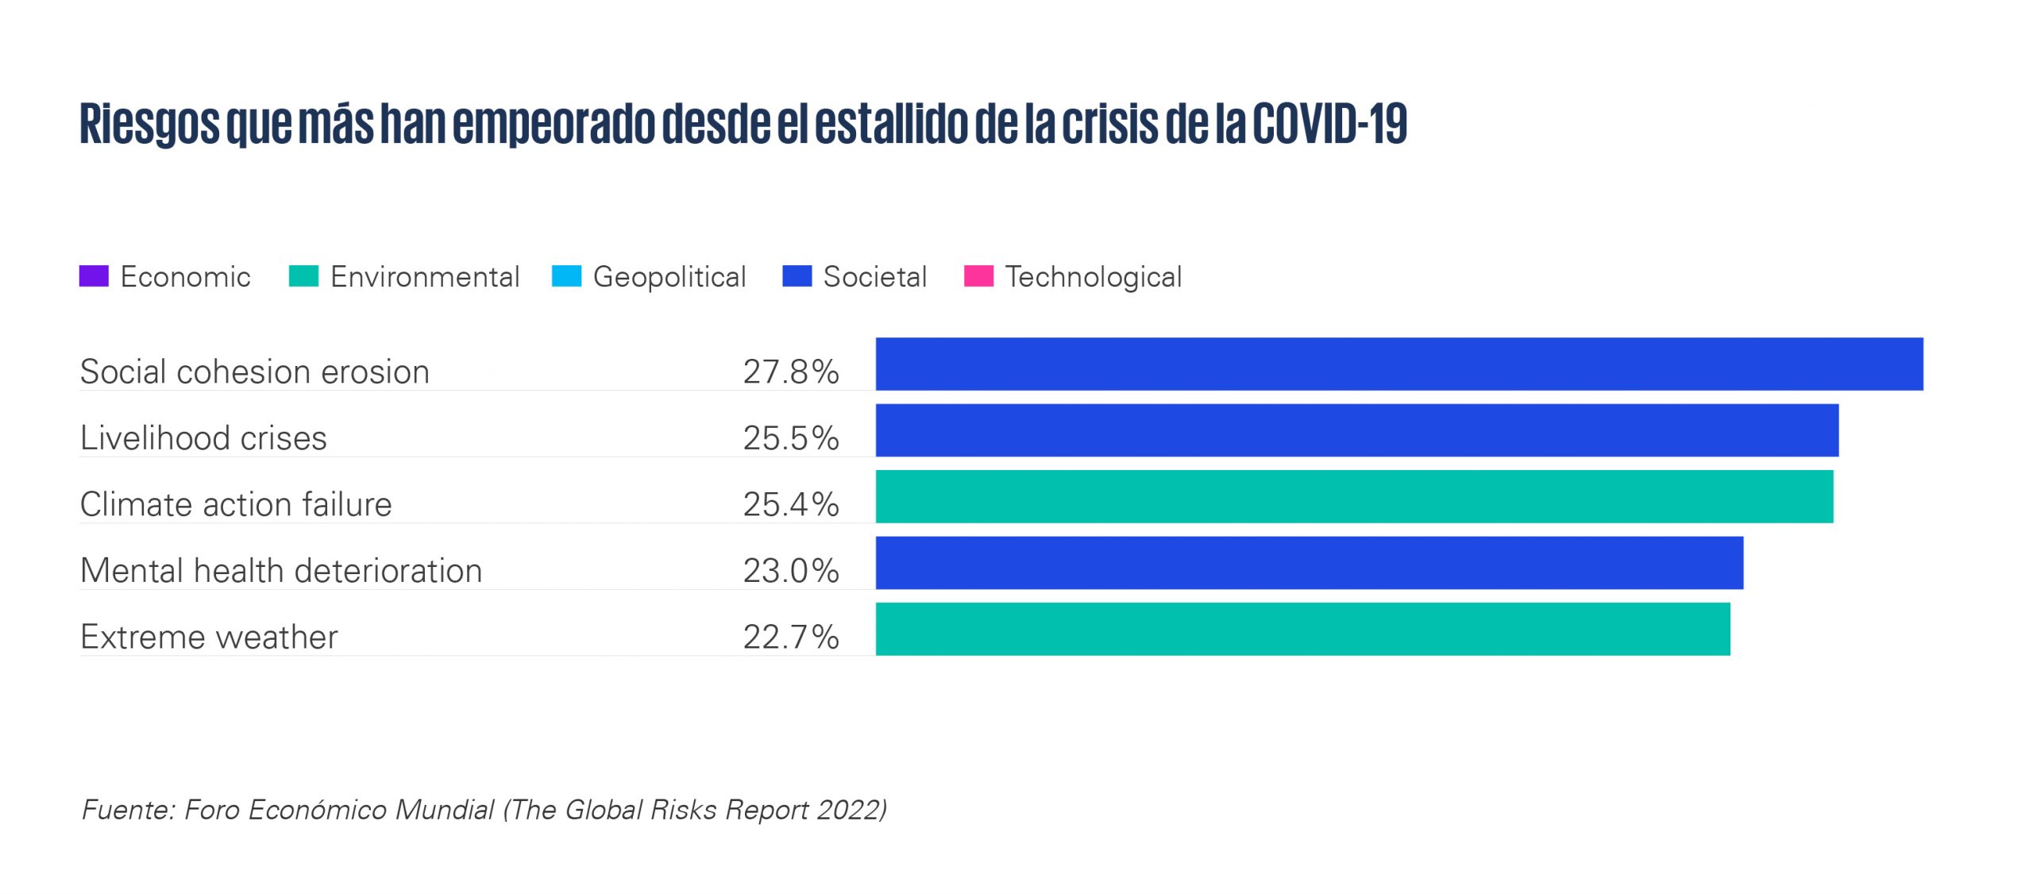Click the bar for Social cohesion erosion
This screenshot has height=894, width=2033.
[x=1399, y=364]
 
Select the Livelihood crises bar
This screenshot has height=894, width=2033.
[x=1357, y=430]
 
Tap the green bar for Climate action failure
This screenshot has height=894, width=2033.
[x=1355, y=496]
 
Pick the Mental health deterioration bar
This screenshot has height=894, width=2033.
[x=1310, y=563]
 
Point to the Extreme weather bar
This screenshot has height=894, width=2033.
[x=1303, y=629]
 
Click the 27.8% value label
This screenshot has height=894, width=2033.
[x=791, y=372]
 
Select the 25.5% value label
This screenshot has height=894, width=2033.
[x=791, y=438]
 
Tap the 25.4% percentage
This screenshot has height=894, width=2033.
[x=791, y=504]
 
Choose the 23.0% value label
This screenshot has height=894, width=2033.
[x=791, y=571]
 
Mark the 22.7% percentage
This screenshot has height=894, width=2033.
[x=791, y=637]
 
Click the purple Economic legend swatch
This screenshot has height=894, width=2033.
[x=94, y=276]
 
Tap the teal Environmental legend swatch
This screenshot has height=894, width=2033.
[x=303, y=276]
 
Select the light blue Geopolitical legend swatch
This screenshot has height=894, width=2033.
[x=566, y=276]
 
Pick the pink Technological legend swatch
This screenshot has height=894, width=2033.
[x=978, y=276]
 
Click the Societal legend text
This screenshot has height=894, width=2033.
[x=875, y=277]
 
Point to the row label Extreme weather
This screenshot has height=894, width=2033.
[x=209, y=637]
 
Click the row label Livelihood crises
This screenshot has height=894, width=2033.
[x=203, y=438]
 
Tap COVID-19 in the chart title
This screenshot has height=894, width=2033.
[x=1330, y=124]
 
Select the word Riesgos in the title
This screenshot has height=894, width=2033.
[x=149, y=125]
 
